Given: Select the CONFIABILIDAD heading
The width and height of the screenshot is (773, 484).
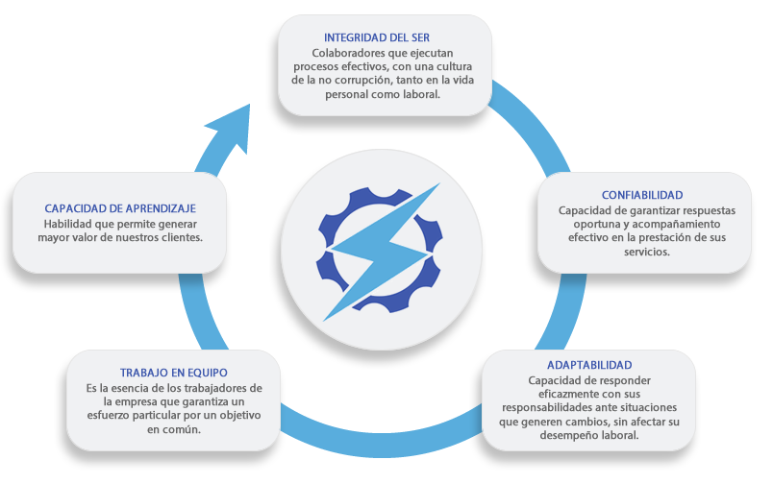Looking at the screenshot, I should click(x=642, y=194).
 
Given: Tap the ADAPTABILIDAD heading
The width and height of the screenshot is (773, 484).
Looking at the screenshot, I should click(x=588, y=365).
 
